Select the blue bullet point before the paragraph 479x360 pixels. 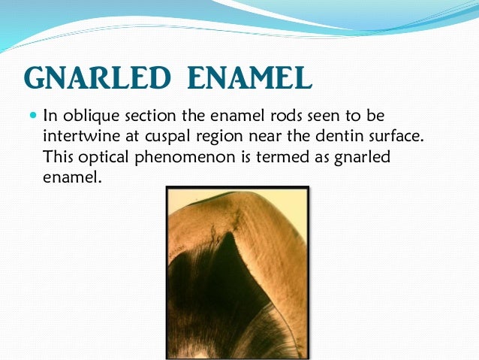[x=32, y=116]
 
